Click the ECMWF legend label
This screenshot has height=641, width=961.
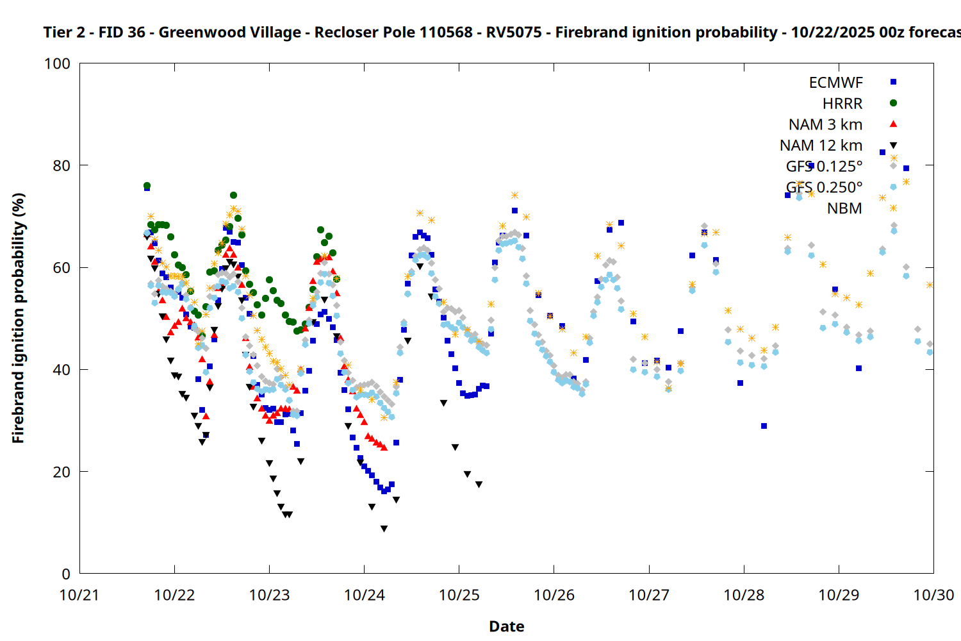835,83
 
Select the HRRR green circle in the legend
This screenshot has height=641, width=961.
893,103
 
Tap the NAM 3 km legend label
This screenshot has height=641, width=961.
825,124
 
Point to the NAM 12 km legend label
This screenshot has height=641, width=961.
821,146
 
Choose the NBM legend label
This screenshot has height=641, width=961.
844,208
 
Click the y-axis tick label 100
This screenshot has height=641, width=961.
57,63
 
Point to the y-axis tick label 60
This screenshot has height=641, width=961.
62,267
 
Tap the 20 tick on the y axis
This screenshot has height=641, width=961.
62,472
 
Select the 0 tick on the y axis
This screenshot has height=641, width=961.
65,574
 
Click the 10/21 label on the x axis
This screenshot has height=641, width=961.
79,595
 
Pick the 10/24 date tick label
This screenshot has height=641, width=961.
364,595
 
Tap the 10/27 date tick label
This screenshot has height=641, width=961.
649,595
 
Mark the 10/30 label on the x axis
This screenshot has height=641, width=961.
933,595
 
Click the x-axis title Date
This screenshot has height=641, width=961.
506,626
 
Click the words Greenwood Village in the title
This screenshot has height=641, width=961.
229,32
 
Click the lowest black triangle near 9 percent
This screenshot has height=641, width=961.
384,529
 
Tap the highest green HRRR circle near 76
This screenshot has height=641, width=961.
147,186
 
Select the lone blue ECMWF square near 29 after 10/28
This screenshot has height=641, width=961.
764,426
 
